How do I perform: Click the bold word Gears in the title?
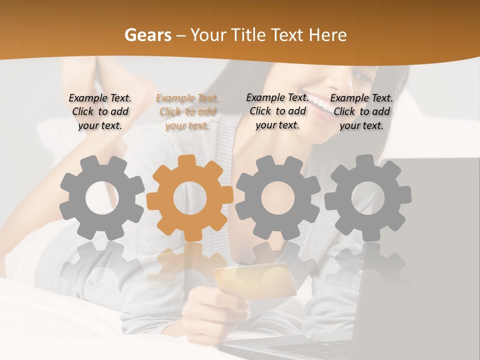click(147, 35)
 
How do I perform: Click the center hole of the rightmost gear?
click(368, 198)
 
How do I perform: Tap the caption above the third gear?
click(277, 111)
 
